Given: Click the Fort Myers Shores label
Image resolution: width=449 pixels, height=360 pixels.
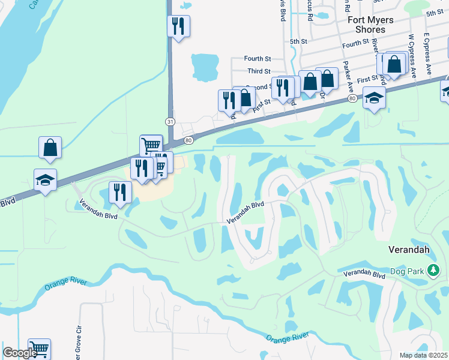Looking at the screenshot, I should (x=371, y=25).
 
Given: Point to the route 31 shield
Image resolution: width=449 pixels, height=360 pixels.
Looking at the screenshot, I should (x=171, y=122).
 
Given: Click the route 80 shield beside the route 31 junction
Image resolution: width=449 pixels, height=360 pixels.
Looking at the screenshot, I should (x=189, y=140).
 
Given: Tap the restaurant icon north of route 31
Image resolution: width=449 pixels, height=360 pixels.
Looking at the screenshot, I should (x=179, y=26).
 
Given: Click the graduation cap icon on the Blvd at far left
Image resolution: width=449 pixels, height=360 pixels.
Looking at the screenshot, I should (x=46, y=180).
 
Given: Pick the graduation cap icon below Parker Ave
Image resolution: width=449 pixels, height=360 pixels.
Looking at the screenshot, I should (x=374, y=98).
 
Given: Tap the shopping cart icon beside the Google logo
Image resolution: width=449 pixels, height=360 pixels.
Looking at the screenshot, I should (x=39, y=349).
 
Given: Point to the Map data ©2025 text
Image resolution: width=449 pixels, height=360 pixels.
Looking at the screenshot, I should (x=423, y=355).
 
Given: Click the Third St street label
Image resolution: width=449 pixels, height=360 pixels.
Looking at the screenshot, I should (x=259, y=71).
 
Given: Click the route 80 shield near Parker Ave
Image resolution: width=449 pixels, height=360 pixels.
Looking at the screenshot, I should (x=351, y=97).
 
